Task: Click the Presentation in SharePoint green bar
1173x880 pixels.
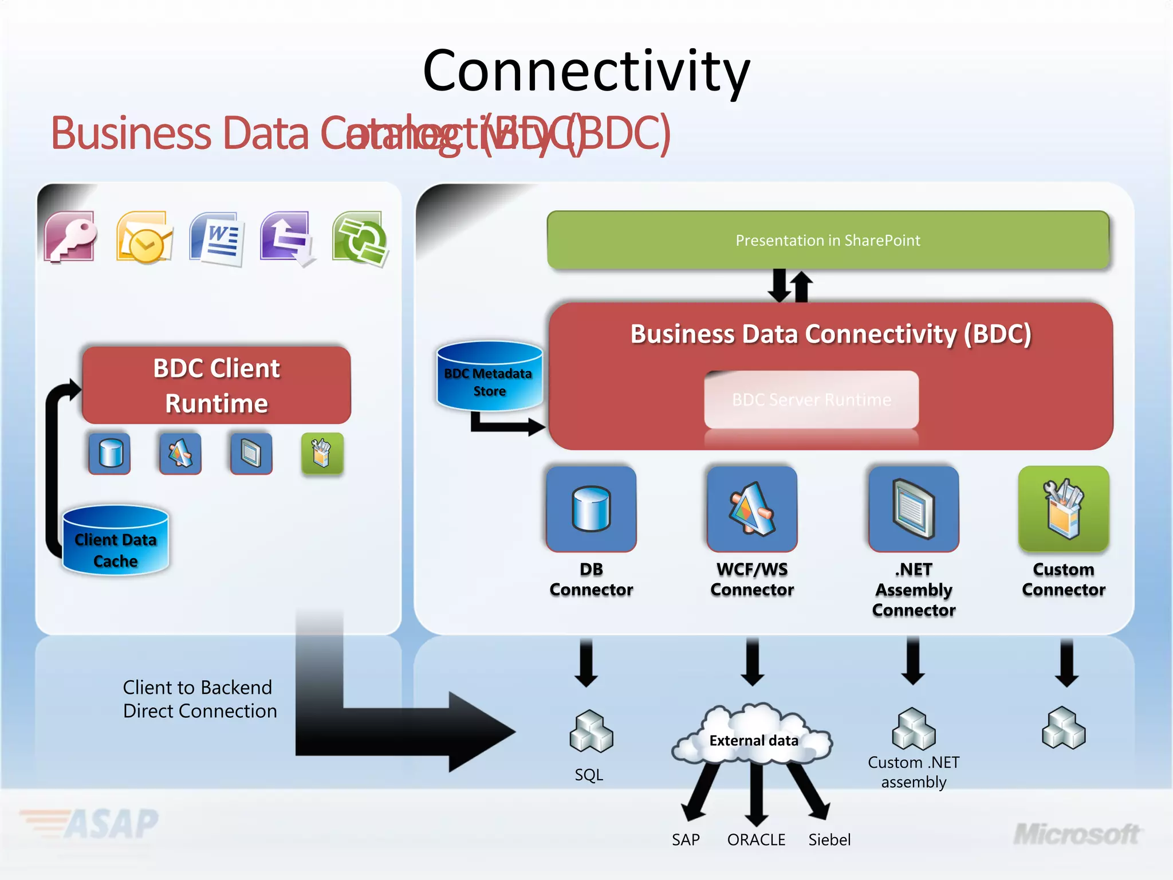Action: click(x=828, y=240)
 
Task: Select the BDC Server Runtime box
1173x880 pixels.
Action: click(x=811, y=399)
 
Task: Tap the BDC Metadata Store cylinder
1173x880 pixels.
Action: click(x=489, y=377)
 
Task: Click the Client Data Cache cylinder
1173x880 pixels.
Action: click(x=115, y=541)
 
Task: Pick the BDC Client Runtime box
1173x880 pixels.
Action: click(x=217, y=385)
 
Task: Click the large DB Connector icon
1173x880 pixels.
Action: click(x=591, y=509)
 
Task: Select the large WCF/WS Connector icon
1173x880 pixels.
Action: click(x=752, y=509)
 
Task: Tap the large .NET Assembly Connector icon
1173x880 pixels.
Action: click(x=914, y=509)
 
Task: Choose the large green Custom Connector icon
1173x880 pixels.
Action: click(x=1064, y=509)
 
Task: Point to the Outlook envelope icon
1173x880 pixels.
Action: click(x=144, y=237)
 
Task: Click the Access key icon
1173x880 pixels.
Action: click(x=70, y=237)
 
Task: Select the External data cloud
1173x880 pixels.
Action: click(x=753, y=736)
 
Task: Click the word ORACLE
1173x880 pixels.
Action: click(x=756, y=840)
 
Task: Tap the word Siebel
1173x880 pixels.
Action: click(x=829, y=840)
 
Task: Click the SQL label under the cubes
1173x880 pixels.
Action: click(x=589, y=775)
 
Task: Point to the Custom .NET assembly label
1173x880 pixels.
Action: click(x=914, y=772)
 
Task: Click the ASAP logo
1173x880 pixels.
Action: click(x=92, y=824)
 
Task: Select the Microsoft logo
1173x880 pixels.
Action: click(x=1077, y=835)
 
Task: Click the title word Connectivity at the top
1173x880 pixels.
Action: click(x=586, y=72)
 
